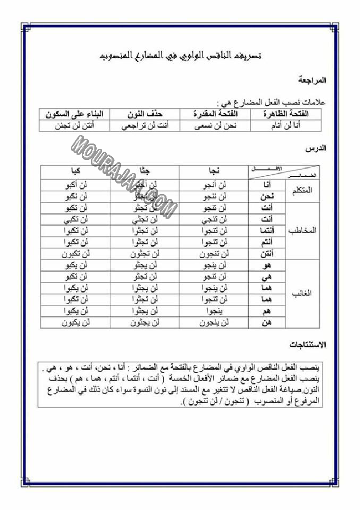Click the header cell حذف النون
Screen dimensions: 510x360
(144, 114)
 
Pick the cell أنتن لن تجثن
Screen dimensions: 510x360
(75, 126)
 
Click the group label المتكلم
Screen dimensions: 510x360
(302, 190)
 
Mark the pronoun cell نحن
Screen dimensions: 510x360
(268, 196)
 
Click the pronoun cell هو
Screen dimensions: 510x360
(268, 265)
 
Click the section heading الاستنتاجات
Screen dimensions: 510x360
(308, 345)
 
